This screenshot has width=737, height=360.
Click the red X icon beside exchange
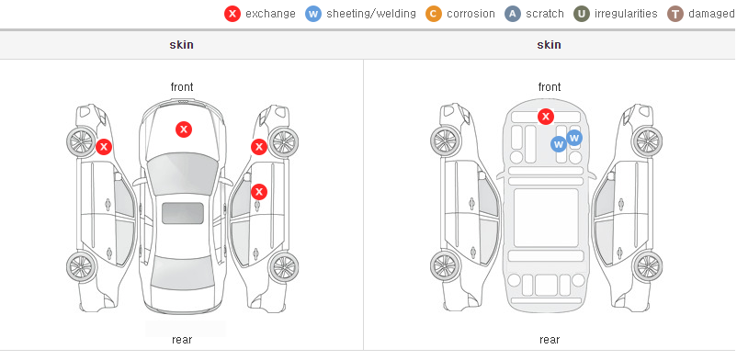(232, 14)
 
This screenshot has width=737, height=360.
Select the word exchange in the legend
(270, 14)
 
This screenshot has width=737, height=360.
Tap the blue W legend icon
(313, 14)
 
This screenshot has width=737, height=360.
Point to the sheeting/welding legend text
(371, 14)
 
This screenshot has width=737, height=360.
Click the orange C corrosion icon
(434, 14)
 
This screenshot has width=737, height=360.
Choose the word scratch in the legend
(545, 14)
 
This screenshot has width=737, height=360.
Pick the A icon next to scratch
(513, 14)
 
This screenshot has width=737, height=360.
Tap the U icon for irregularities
(582, 14)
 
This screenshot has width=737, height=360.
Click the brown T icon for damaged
(675, 14)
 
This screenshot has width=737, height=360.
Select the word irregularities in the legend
(626, 14)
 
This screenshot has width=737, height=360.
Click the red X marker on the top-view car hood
(184, 129)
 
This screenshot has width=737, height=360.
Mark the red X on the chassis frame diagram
(545, 116)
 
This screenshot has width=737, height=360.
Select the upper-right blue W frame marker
(574, 138)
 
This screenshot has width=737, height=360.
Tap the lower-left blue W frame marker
(559, 144)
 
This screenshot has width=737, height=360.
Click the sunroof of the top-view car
(183, 213)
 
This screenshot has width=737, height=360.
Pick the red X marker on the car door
(259, 191)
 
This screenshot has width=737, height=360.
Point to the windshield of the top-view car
(183, 173)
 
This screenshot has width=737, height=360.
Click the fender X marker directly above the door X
(259, 147)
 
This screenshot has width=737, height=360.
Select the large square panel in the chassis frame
(546, 218)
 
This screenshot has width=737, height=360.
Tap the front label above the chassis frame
(550, 87)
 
